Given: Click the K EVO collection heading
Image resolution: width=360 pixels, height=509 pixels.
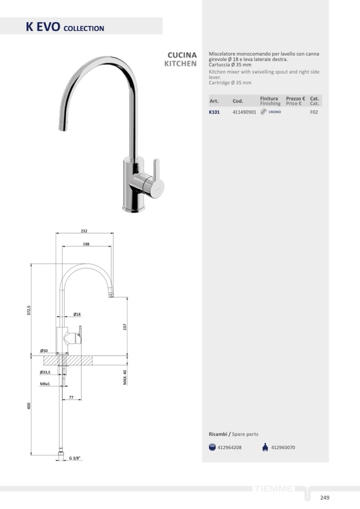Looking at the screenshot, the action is [x=65, y=27].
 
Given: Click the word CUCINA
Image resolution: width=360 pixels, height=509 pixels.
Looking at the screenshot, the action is [x=182, y=55].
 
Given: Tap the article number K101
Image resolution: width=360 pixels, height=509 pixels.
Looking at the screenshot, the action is [x=214, y=112].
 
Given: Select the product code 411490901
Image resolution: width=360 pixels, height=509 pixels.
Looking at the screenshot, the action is [x=244, y=112].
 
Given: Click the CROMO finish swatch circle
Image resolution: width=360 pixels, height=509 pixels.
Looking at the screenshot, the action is [x=263, y=112].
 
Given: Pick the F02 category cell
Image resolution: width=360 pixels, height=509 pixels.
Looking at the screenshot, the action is [x=314, y=112].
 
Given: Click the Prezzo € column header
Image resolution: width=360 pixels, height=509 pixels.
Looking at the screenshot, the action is [x=295, y=98].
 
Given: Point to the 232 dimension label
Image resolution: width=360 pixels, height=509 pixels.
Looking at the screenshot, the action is [x=84, y=231].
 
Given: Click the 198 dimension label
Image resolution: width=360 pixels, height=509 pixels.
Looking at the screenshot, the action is [x=86, y=244].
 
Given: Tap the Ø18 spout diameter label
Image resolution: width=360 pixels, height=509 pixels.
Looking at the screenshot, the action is [x=77, y=314].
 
